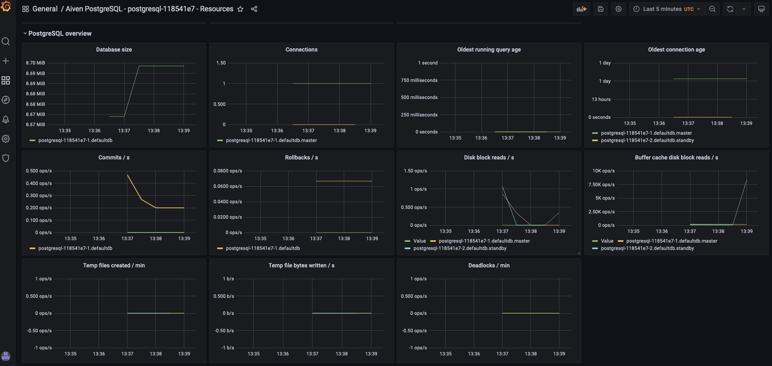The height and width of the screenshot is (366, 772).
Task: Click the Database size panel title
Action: coord(114,50)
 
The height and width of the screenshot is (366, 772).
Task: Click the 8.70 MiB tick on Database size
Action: coord(35,63)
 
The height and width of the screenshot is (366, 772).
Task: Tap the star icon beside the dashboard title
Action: coord(240,9)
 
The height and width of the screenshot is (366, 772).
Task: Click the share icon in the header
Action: coord(254,9)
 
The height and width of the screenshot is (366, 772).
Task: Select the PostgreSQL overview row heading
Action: coord(60,33)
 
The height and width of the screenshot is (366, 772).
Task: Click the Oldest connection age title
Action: coord(676,50)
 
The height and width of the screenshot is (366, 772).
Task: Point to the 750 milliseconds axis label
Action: coord(419,80)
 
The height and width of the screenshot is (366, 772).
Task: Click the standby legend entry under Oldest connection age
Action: coord(647,140)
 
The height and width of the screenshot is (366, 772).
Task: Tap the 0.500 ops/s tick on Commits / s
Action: coord(39,171)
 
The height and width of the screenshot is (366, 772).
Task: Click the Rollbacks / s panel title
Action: coord(301,157)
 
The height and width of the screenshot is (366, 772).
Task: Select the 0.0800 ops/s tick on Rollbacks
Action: coord(227,171)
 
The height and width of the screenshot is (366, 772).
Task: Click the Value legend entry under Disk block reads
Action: coord(419,241)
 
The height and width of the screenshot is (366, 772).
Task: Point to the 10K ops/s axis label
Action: coord(603,171)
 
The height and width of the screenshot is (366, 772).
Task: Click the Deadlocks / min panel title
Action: coord(489,265)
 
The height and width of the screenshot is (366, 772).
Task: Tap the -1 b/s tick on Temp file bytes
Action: coord(228,348)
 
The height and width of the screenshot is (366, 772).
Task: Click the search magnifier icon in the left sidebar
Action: coord(6,41)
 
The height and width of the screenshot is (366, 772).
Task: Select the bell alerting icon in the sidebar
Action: coord(6,119)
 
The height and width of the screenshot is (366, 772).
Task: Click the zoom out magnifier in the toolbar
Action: coord(712,9)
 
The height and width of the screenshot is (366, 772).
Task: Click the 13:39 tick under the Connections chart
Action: coord(370,131)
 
